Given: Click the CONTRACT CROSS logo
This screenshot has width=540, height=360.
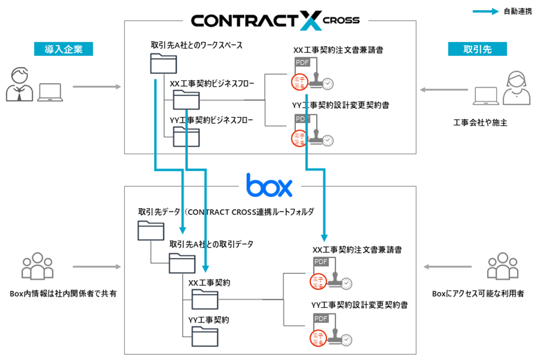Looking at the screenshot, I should tap(275, 20).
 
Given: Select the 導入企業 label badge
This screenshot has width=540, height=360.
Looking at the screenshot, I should tap(64, 49).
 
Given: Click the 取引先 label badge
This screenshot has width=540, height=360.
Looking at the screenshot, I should tap(478, 49).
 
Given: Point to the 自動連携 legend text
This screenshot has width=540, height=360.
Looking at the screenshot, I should tap(517, 11).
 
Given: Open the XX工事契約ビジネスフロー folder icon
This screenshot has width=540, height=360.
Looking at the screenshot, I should tap(186, 100).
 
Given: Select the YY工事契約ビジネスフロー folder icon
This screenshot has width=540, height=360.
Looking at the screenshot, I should tap(186, 137).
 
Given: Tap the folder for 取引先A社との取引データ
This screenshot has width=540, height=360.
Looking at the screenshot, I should tap(182, 263).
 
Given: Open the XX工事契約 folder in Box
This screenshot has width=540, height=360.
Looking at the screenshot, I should tap(205, 300).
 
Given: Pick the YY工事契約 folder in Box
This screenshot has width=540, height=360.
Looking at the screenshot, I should tap(205, 336).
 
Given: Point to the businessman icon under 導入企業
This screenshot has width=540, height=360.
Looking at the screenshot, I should tap(19, 84).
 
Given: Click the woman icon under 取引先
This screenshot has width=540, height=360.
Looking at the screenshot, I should tap(516, 87).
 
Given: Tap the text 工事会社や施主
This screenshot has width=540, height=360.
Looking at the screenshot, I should tap(480, 122).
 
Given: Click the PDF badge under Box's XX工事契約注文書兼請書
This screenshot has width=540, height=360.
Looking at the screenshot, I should tap(321, 262).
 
